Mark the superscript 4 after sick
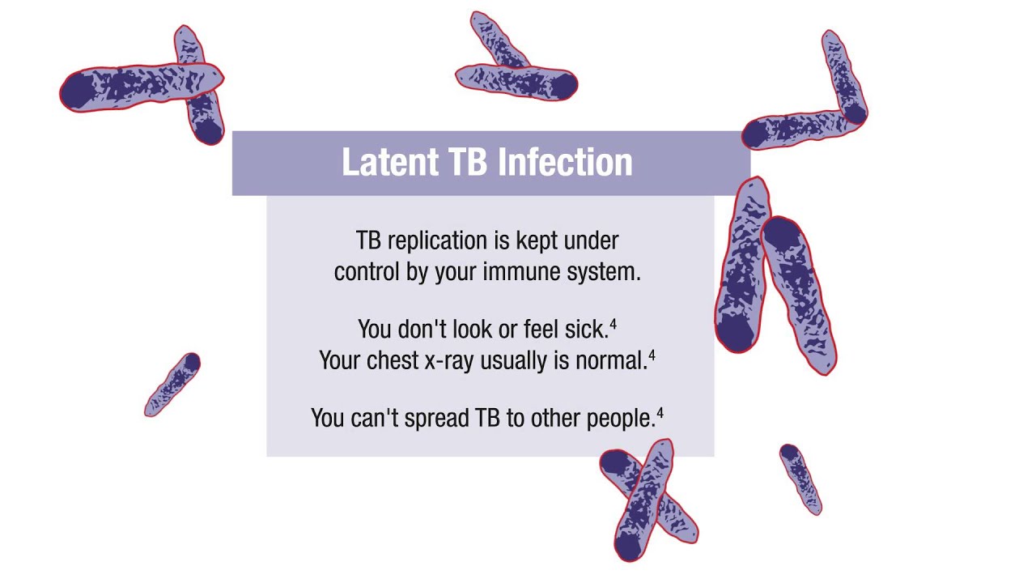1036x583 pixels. pyautogui.click(x=614, y=324)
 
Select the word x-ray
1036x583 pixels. pyautogui.click(x=449, y=361)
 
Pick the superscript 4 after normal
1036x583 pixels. pyautogui.click(x=652, y=355)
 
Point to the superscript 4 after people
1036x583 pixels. pyautogui.click(x=660, y=413)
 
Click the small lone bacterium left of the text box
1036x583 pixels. pyautogui.click(x=172, y=385)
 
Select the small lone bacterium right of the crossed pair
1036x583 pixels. pyautogui.click(x=800, y=478)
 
